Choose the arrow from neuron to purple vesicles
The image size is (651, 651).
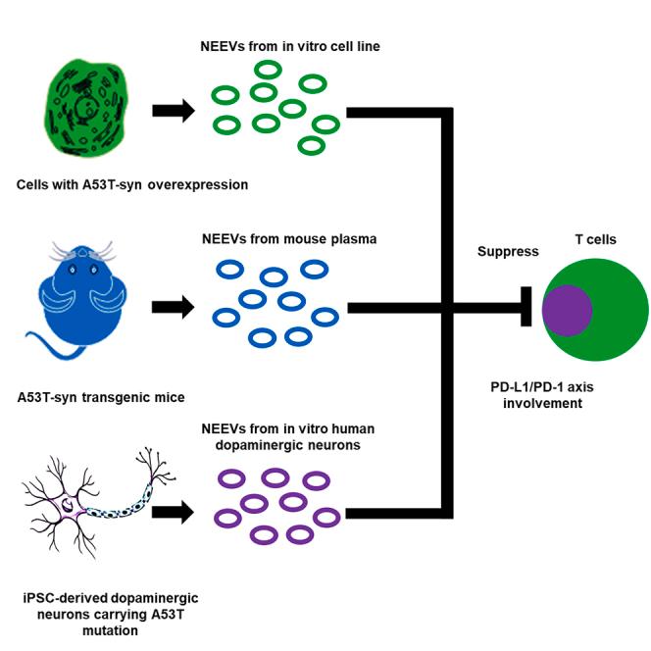coord(174,511)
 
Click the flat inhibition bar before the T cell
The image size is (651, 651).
coord(526,309)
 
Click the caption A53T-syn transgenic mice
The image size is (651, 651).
coord(100,397)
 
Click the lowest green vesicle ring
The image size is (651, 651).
coord(311,145)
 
